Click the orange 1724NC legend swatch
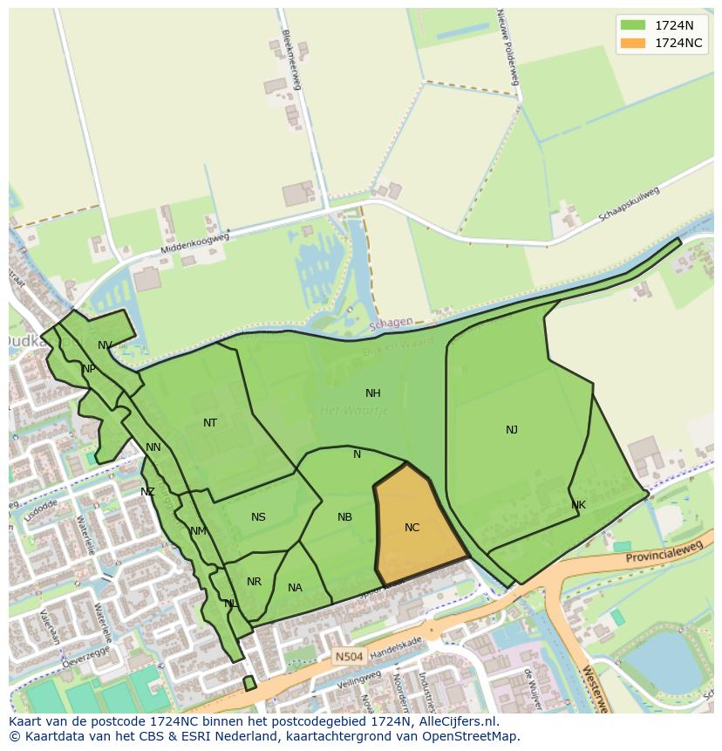tap(633, 43)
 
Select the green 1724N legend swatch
tap(633, 25)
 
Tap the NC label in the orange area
tap(412, 528)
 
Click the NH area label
tap(373, 393)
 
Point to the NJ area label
tap(512, 429)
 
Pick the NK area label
tap(579, 505)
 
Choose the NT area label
tap(210, 423)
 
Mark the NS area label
tap(258, 517)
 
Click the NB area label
tap(345, 517)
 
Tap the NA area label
tap(295, 588)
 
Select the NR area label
tap(254, 582)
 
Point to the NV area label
tap(105, 345)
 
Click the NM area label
tap(198, 531)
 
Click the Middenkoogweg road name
tap(194, 243)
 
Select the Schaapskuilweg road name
tap(630, 204)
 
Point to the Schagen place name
tap(391, 323)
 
